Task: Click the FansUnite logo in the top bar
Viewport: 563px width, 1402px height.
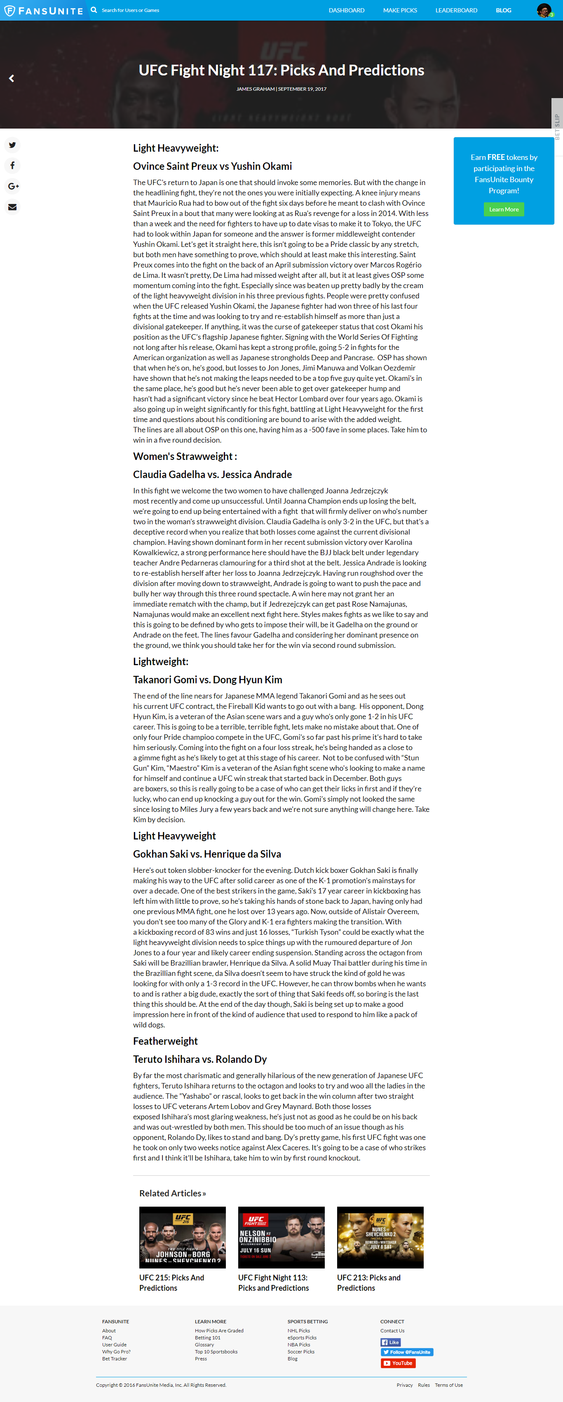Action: click(x=44, y=10)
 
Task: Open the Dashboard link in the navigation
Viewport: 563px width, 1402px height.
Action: click(x=346, y=10)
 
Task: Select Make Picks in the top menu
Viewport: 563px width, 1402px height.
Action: click(x=400, y=10)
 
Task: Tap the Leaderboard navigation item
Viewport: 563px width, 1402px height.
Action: click(x=456, y=10)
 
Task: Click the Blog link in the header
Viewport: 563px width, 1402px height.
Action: click(x=503, y=10)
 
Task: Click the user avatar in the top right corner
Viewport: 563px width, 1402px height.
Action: click(x=543, y=10)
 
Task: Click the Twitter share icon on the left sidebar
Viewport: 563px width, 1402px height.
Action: click(x=12, y=145)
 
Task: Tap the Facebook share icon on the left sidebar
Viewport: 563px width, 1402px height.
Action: click(x=12, y=165)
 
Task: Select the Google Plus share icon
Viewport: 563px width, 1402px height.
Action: click(x=13, y=186)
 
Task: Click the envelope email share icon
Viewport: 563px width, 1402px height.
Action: click(x=12, y=207)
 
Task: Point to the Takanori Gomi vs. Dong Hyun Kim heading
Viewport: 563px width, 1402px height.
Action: click(x=207, y=680)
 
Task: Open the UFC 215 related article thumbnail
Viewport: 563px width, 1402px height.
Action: click(x=183, y=1237)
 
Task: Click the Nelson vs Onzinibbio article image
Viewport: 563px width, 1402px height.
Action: click(x=281, y=1237)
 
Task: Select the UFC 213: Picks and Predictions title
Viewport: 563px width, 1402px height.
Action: click(x=368, y=1282)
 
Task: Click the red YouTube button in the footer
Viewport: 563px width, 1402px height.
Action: click(x=398, y=1363)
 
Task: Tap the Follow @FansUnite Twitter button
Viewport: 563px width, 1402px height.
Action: click(x=407, y=1352)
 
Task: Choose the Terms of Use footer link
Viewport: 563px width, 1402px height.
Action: click(x=449, y=1385)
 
